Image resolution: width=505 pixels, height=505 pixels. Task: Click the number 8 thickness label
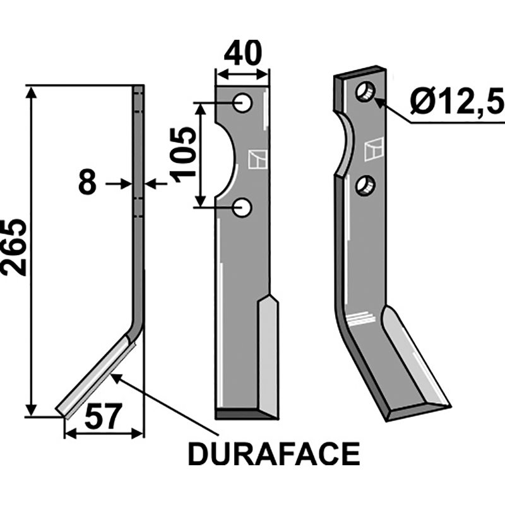click(87, 184)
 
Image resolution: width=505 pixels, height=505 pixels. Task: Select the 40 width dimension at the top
click(242, 54)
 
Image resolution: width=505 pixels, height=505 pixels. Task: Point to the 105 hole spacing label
click(184, 155)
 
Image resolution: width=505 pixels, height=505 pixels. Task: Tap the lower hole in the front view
click(242, 207)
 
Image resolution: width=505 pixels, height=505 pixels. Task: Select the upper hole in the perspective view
click(365, 92)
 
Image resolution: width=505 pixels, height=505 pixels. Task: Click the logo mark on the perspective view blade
click(373, 150)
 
